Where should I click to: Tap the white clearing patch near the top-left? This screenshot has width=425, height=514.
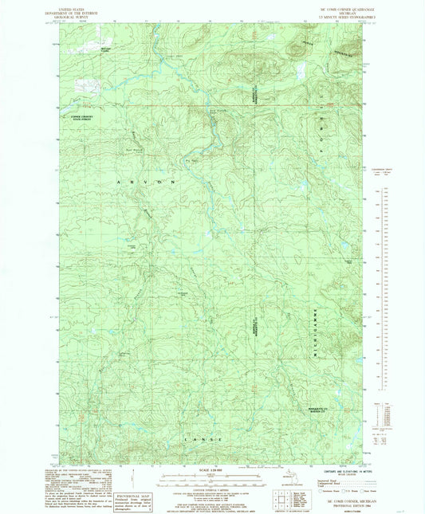(x=85, y=82)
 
